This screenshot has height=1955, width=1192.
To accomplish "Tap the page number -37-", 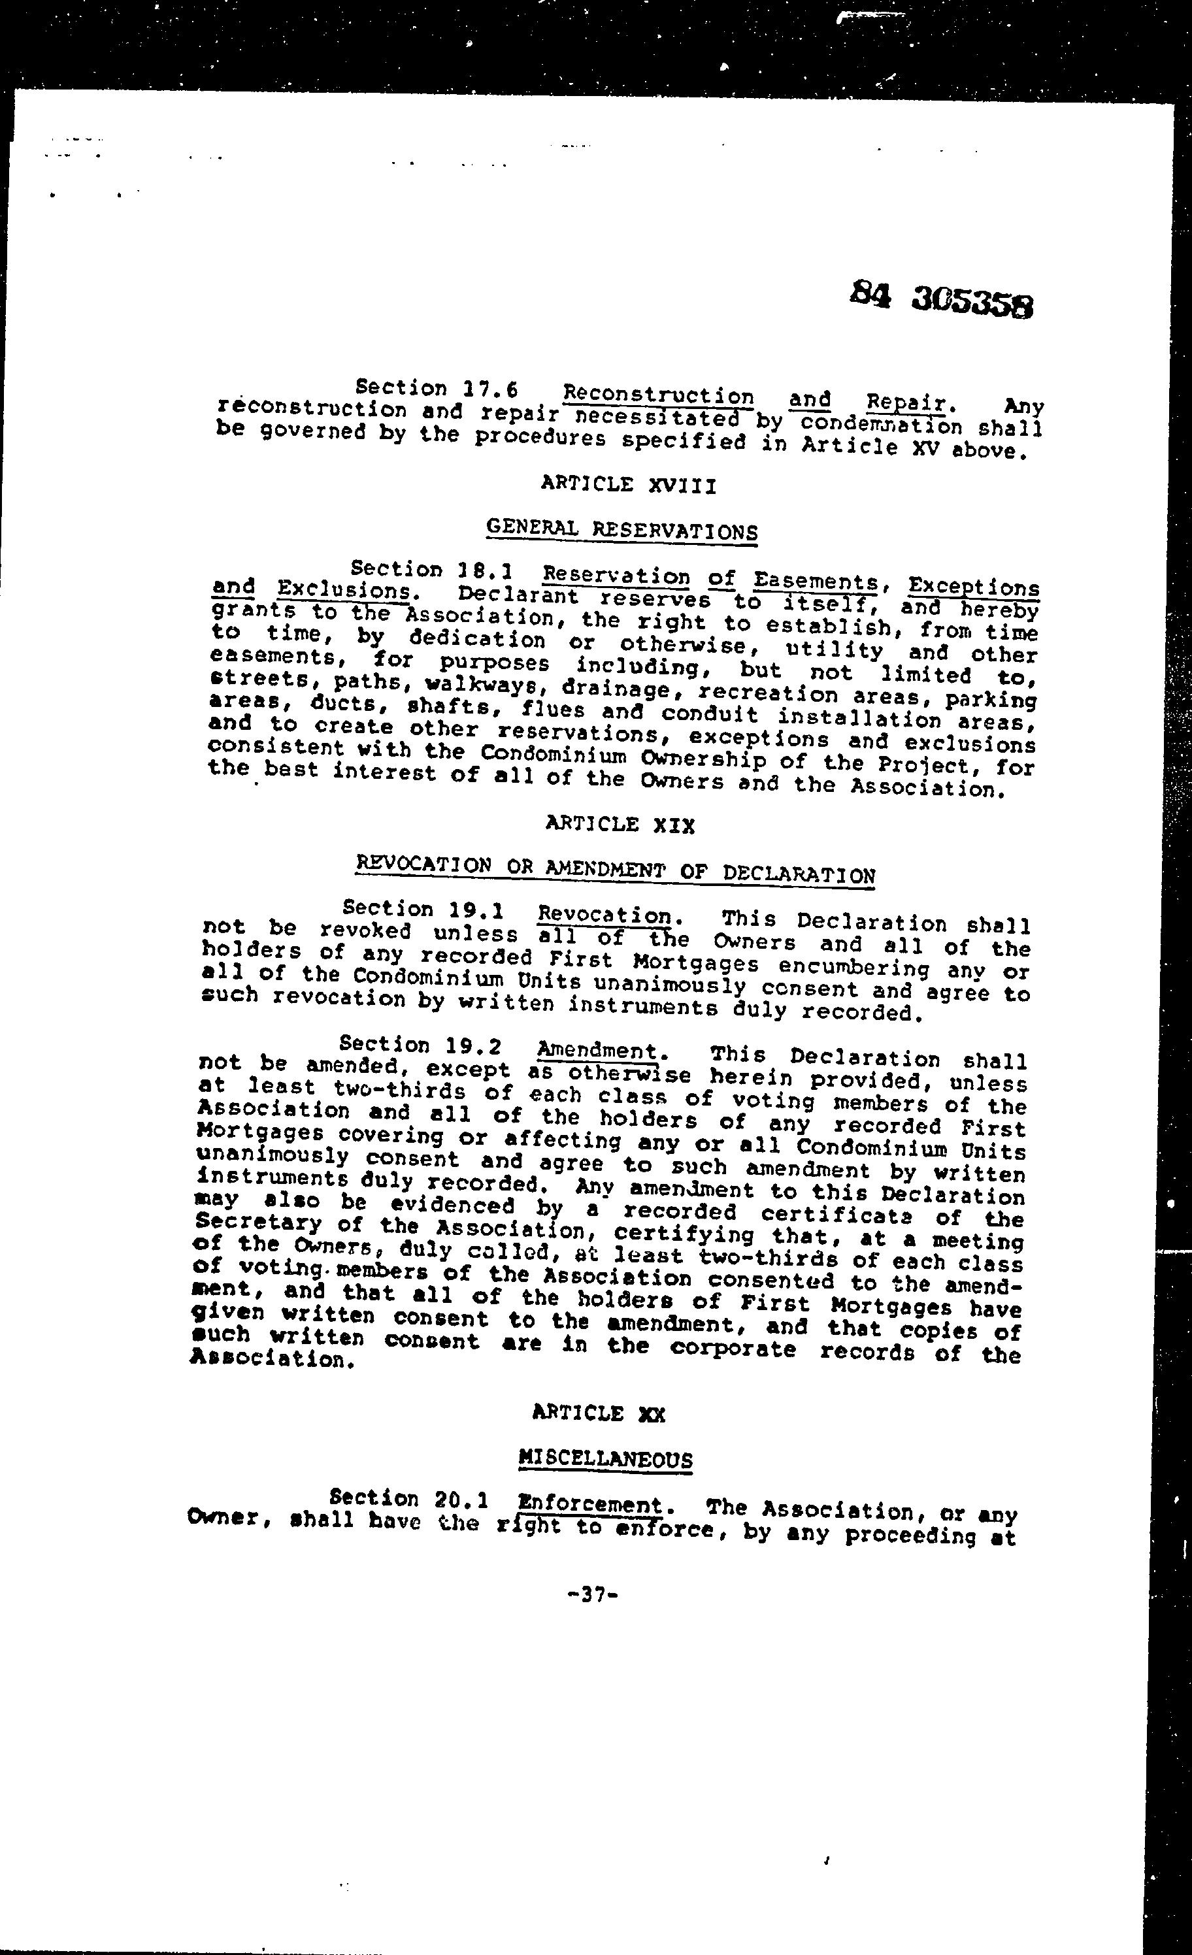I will [x=593, y=1594].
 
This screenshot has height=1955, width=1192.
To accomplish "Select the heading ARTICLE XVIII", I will [x=629, y=484].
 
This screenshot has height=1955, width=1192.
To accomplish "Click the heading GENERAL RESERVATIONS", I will [x=621, y=529].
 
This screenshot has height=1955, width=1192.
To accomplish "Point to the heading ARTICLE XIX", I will [x=621, y=825].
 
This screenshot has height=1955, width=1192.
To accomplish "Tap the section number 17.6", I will [x=489, y=389].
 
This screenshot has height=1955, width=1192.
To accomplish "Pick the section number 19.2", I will [x=474, y=1045].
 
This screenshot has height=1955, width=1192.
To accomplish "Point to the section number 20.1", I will [x=462, y=1499].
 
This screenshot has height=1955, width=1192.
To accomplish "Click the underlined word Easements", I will [x=816, y=582].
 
